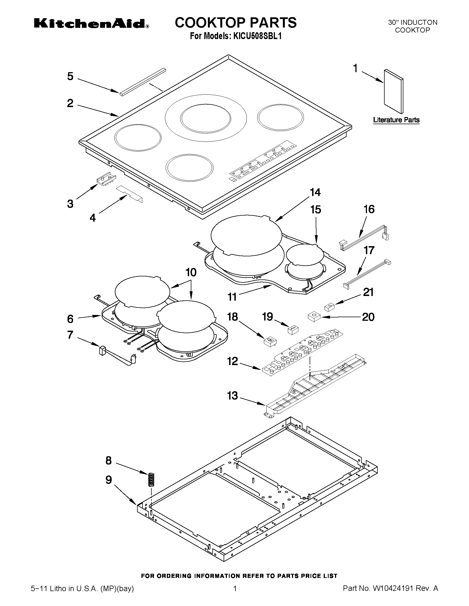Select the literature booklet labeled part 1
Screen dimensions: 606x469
click(393, 92)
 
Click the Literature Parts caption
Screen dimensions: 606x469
click(396, 120)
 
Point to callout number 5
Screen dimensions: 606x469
click(70, 76)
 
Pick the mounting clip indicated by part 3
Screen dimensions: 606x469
click(106, 179)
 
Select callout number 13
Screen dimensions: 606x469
click(232, 396)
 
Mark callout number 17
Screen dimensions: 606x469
click(369, 250)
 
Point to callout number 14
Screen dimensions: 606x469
click(315, 192)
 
